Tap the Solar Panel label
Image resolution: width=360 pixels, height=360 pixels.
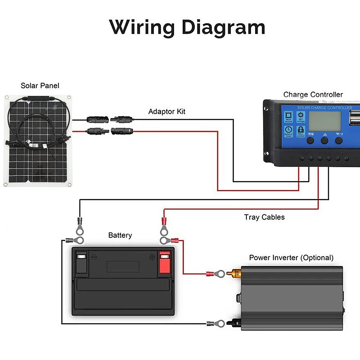click(x=40, y=86)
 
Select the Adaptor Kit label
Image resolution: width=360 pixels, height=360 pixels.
click(x=167, y=112)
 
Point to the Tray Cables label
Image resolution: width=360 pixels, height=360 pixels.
click(x=264, y=217)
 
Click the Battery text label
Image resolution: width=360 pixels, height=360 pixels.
click(x=120, y=235)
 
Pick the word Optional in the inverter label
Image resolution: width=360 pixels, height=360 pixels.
click(x=317, y=258)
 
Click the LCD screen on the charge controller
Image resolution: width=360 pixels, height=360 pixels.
click(x=325, y=121)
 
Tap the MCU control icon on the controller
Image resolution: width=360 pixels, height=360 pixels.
click(x=289, y=117)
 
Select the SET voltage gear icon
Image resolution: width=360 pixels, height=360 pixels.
click(x=301, y=117)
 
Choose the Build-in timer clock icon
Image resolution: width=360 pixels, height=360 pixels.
click(x=289, y=131)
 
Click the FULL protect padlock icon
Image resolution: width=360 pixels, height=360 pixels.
click(x=301, y=131)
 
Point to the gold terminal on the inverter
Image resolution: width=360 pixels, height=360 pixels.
click(x=234, y=274)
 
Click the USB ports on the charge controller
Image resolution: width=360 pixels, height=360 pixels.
click(x=355, y=118)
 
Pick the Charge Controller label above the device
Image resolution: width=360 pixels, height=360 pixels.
click(x=313, y=95)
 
